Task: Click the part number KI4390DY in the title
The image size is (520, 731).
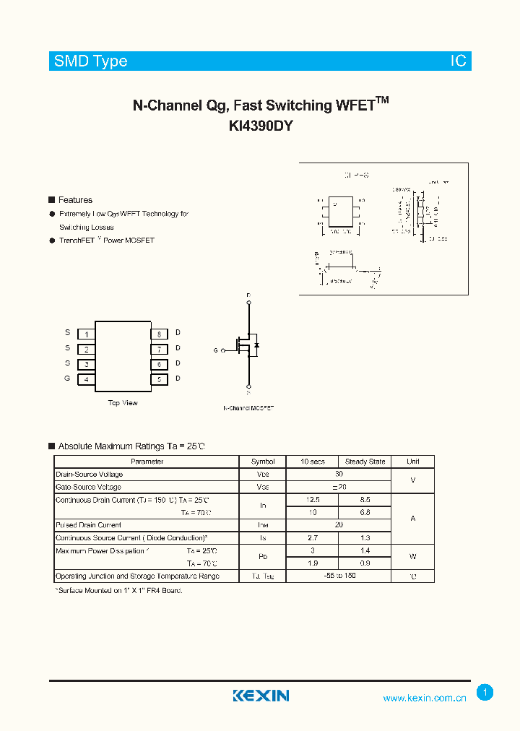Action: tap(260, 126)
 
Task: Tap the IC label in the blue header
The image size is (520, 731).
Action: tap(459, 61)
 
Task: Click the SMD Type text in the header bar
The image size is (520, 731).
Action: tap(91, 61)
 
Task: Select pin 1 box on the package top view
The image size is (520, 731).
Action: tap(87, 334)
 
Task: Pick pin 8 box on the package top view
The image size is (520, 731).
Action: tap(159, 334)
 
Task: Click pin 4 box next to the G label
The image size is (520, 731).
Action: tap(87, 379)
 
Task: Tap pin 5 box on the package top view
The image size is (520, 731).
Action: tap(159, 379)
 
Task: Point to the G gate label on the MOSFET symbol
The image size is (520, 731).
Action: tap(215, 350)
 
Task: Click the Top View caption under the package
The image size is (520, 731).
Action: tap(123, 403)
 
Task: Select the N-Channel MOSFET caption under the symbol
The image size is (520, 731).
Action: tap(248, 408)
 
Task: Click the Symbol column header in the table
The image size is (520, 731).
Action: tap(263, 462)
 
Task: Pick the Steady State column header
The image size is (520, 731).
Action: tap(365, 462)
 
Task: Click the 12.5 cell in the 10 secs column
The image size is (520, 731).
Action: tap(313, 500)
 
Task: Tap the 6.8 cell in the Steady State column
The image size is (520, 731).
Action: tap(365, 512)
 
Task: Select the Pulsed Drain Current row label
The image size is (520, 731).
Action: tap(89, 525)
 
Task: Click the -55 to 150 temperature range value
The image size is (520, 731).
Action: tap(339, 576)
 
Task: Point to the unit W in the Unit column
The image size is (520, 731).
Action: tap(413, 557)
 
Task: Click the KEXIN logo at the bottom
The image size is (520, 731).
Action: tap(261, 696)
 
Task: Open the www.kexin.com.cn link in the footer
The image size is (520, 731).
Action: tap(425, 698)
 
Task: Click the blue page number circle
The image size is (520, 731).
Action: tap(485, 693)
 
